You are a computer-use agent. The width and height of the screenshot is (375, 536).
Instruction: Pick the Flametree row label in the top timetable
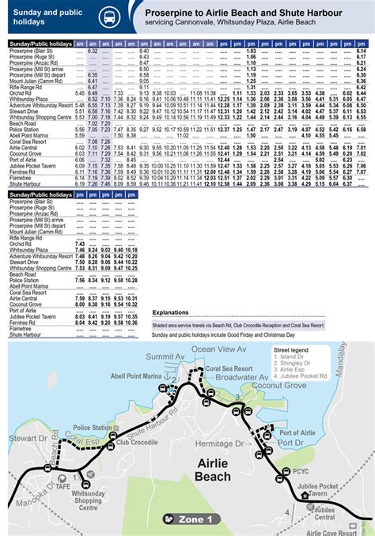(x=21, y=178)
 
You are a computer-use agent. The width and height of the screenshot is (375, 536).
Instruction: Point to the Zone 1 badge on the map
(x=190, y=519)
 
